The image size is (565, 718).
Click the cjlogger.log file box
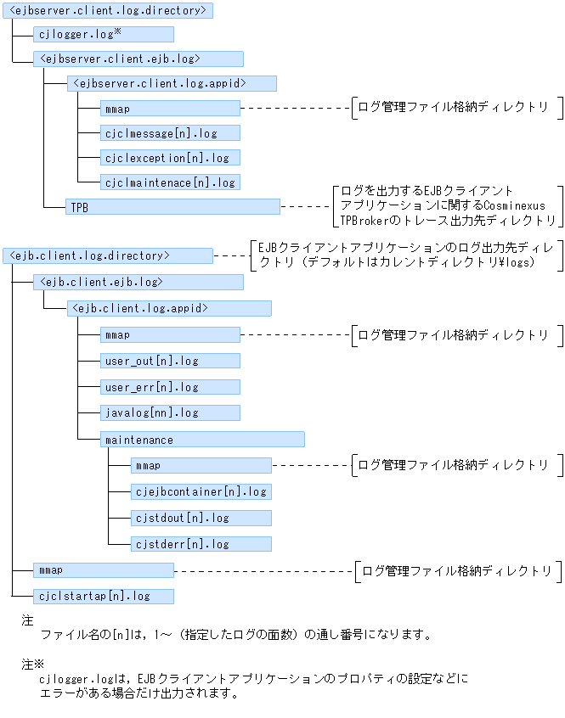(x=104, y=34)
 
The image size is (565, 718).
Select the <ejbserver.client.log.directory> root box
(x=108, y=10)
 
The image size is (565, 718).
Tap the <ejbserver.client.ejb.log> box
(x=138, y=59)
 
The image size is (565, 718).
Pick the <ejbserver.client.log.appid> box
(x=172, y=84)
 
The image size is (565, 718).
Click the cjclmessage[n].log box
(x=170, y=133)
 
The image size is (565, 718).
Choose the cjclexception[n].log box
(x=170, y=158)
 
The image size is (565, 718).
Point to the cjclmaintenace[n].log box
(x=170, y=182)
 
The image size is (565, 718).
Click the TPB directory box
(x=172, y=207)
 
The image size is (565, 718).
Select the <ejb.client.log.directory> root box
(x=108, y=255)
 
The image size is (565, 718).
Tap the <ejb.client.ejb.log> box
(x=138, y=282)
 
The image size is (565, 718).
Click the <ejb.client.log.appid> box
(x=169, y=309)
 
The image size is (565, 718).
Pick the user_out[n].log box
(x=170, y=361)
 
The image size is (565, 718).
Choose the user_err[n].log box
(x=170, y=387)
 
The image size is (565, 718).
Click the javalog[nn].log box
(x=170, y=413)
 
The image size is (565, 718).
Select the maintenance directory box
(x=202, y=440)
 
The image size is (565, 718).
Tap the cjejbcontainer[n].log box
(x=201, y=491)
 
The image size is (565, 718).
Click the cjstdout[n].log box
(x=201, y=518)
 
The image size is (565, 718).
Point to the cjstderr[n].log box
(x=201, y=544)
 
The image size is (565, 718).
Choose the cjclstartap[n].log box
(x=104, y=596)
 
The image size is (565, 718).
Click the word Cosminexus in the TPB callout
(x=514, y=205)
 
